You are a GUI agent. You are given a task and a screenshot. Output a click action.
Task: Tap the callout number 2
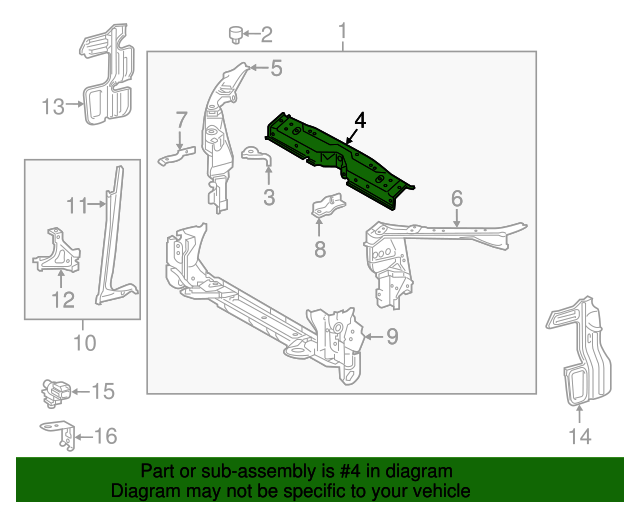(x=267, y=36)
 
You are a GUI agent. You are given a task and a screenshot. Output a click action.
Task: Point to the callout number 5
(x=276, y=68)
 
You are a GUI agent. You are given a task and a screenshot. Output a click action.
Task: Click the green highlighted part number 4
(x=340, y=158)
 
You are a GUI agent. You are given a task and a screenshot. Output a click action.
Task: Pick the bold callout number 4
(x=359, y=121)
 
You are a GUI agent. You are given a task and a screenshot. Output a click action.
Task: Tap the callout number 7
(x=181, y=120)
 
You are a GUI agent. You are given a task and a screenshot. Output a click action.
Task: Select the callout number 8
(x=320, y=249)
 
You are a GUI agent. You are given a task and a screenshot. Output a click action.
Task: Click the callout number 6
(x=456, y=198)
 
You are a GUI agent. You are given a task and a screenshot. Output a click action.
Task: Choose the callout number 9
(x=392, y=336)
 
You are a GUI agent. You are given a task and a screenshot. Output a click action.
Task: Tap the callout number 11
(x=78, y=206)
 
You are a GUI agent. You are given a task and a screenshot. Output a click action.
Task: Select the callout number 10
(x=84, y=343)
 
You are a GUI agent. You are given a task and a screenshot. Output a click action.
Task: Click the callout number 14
(x=580, y=436)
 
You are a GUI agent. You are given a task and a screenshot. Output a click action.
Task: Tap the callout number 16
(x=105, y=436)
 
